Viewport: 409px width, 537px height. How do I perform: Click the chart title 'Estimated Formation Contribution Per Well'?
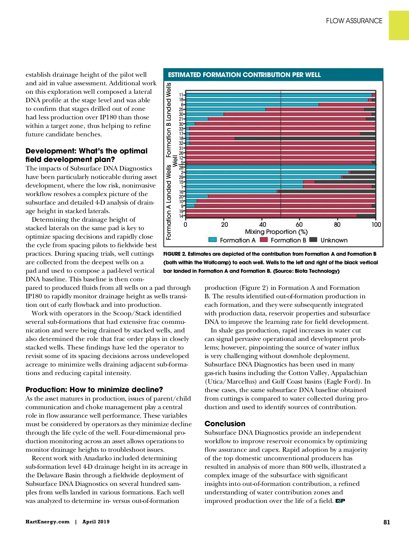[x=244, y=75]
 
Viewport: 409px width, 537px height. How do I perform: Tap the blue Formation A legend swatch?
[x=212, y=240]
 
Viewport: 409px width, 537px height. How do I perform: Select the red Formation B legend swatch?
[x=263, y=240]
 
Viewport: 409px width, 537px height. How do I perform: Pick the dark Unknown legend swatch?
[x=313, y=240]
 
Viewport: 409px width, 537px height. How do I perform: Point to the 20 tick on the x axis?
[x=224, y=225]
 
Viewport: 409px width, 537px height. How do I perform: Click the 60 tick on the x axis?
[x=299, y=225]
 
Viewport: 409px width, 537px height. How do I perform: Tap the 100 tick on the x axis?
[x=376, y=225]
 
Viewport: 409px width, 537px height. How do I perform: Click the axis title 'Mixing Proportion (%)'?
[x=276, y=232]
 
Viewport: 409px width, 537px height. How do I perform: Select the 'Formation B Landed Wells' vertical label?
[x=169, y=119]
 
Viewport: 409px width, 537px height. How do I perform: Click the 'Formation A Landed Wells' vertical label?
[x=169, y=202]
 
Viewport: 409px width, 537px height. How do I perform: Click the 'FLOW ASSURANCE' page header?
[x=354, y=21]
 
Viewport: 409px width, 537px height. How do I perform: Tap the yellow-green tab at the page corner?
[x=399, y=25]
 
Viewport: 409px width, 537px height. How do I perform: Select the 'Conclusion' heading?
[x=225, y=423]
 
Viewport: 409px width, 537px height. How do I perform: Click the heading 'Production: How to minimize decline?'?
[x=94, y=389]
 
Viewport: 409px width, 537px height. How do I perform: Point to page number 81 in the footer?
[x=387, y=522]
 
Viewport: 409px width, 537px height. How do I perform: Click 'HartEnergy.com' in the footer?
[x=47, y=522]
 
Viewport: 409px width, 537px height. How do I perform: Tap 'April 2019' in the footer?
[x=96, y=522]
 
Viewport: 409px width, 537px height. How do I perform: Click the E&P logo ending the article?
[x=340, y=501]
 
